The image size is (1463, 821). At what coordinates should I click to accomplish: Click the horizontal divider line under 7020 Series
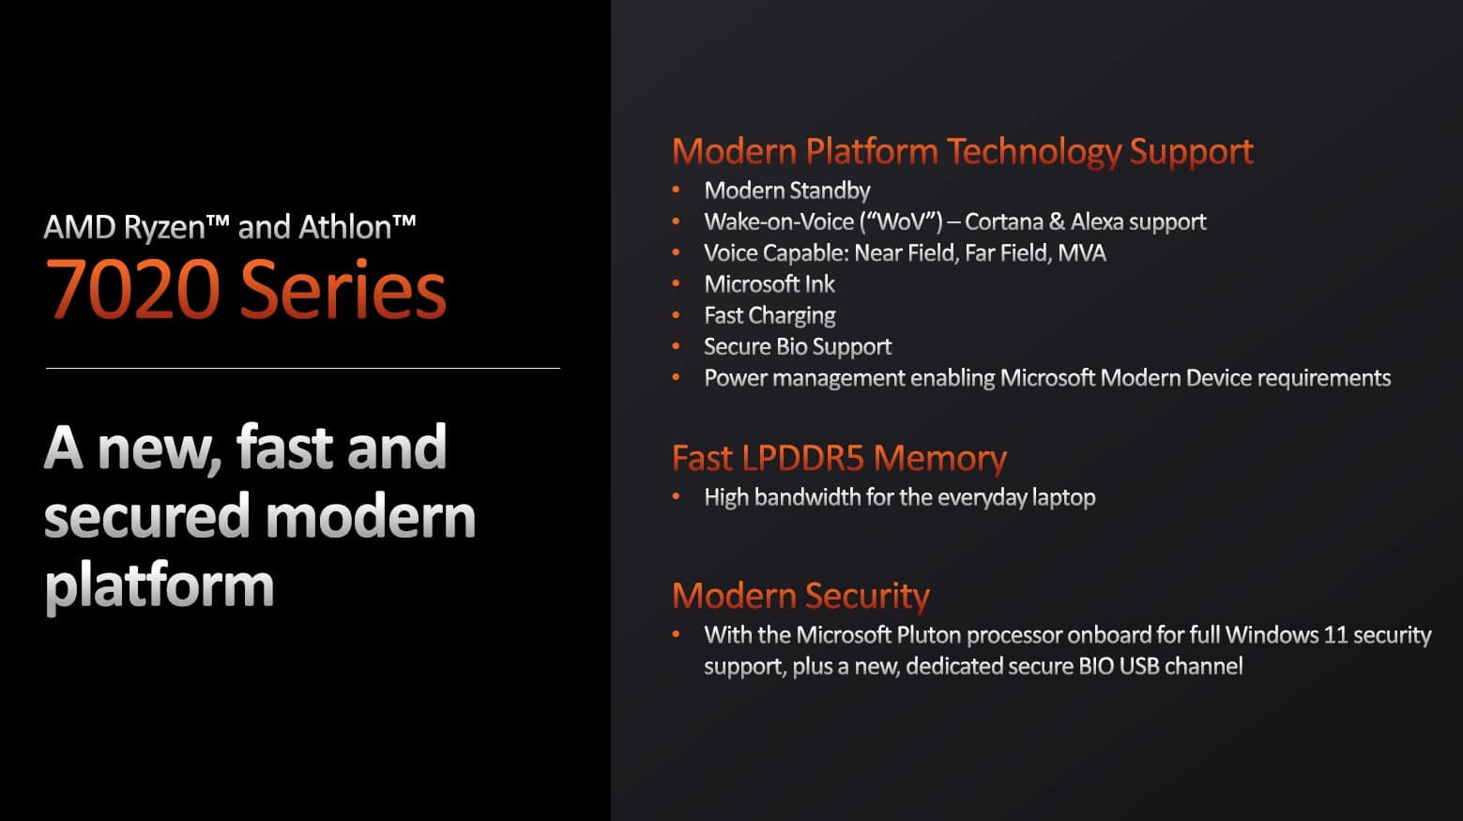(303, 369)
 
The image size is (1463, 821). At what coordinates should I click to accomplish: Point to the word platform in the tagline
(160, 585)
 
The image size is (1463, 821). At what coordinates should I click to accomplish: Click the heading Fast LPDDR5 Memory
(839, 458)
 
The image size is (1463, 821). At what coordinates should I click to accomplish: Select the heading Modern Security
(800, 596)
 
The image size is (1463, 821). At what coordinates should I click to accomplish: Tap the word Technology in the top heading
(1034, 151)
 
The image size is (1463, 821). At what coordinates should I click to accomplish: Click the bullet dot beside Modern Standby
(676, 190)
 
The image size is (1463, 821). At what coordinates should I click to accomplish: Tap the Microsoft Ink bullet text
(770, 284)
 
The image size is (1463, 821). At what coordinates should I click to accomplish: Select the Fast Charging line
(770, 316)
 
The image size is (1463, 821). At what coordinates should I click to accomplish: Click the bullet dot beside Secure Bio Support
(676, 346)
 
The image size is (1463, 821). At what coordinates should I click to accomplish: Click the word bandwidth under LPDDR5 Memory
(809, 497)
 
